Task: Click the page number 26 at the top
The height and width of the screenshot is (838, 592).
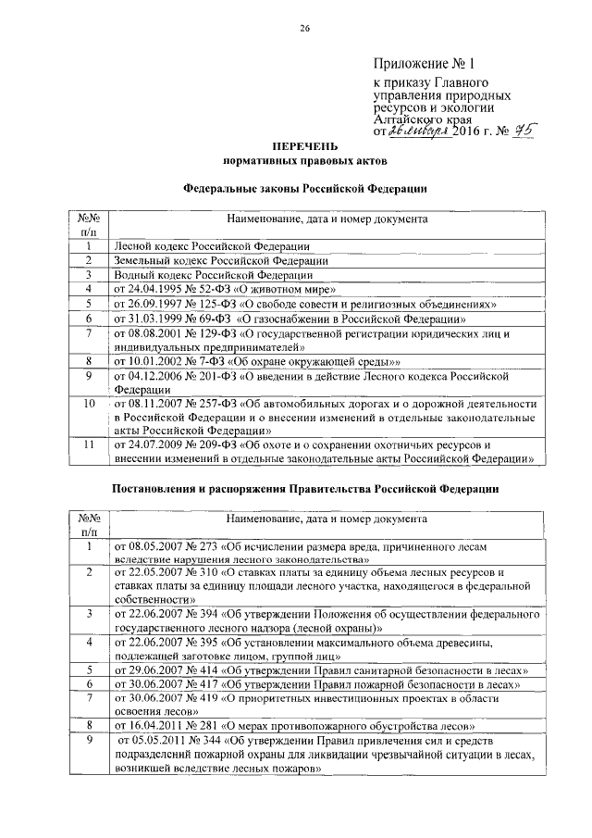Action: tap(303, 28)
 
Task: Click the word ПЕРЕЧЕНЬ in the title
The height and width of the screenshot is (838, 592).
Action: tap(304, 146)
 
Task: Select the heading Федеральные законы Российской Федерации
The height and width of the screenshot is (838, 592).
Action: tap(304, 188)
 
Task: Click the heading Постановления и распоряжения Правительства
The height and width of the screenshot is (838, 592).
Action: tap(304, 487)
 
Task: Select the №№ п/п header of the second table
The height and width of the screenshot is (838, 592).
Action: tap(89, 525)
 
